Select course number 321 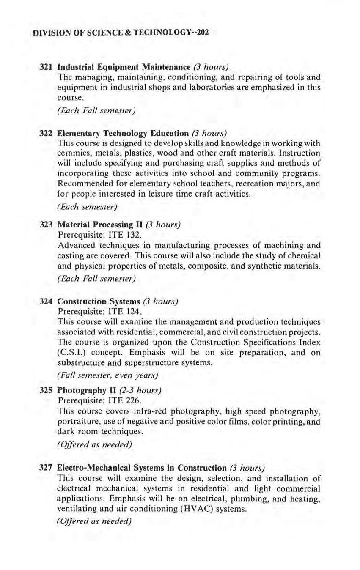click(x=45, y=67)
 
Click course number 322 click(x=45, y=133)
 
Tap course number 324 click(x=45, y=301)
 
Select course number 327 click(x=45, y=468)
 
